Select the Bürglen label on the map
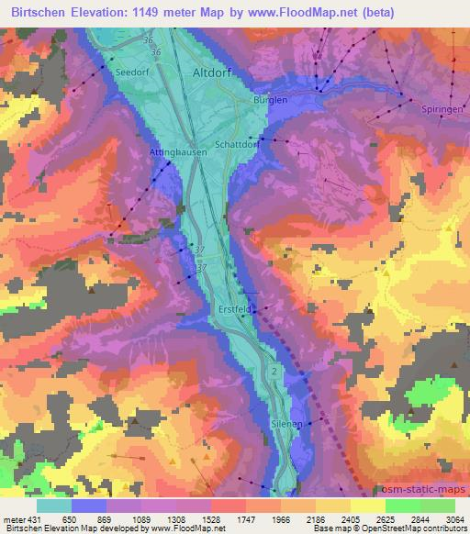click(x=270, y=99)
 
